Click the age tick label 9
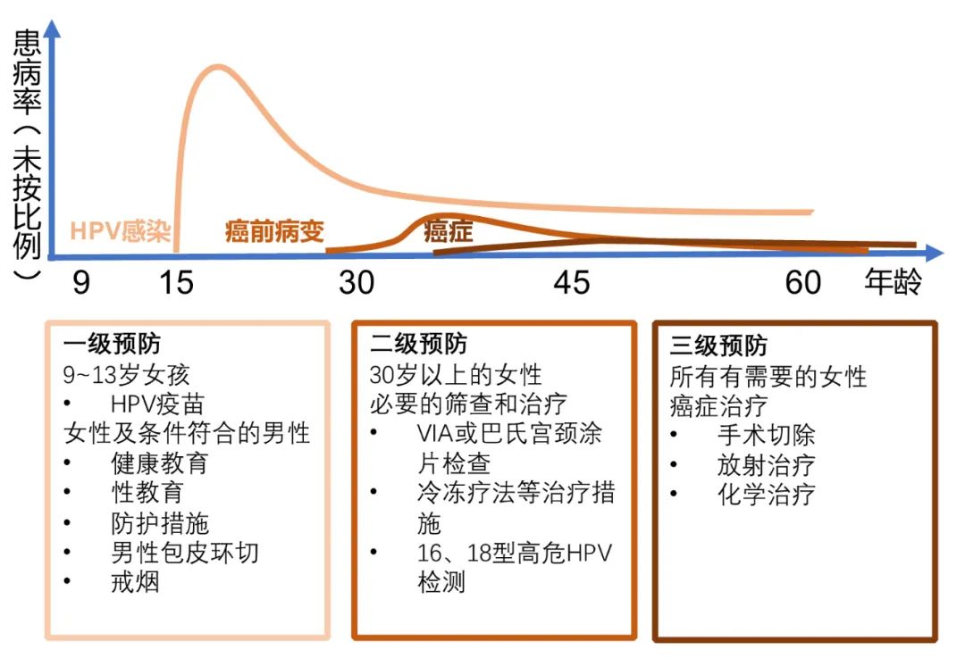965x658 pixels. click(81, 283)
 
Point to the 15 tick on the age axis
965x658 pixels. click(176, 283)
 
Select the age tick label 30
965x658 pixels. click(357, 283)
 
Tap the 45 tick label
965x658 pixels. click(572, 283)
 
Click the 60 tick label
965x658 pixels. click(803, 283)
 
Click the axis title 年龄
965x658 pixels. click(893, 282)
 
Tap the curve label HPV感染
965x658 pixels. click(120, 231)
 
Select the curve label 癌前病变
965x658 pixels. click(274, 231)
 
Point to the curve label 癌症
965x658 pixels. click(449, 232)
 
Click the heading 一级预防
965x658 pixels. click(112, 344)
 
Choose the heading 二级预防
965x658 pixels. click(418, 344)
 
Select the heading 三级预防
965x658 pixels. click(718, 346)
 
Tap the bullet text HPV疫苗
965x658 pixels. click(157, 404)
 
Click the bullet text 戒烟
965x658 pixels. click(136, 582)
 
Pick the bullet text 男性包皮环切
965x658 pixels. click(185, 553)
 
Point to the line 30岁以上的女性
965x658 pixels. click(456, 374)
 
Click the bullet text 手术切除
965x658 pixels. click(767, 436)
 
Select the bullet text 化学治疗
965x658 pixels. click(767, 495)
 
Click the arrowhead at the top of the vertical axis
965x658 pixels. click(53, 29)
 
